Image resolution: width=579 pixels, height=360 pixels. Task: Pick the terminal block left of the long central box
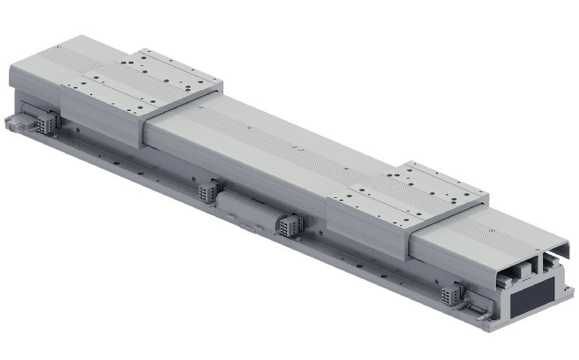[206, 192]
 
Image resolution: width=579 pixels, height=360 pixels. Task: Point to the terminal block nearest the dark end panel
[451, 293]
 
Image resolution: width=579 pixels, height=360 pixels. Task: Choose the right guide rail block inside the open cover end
[551, 262]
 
